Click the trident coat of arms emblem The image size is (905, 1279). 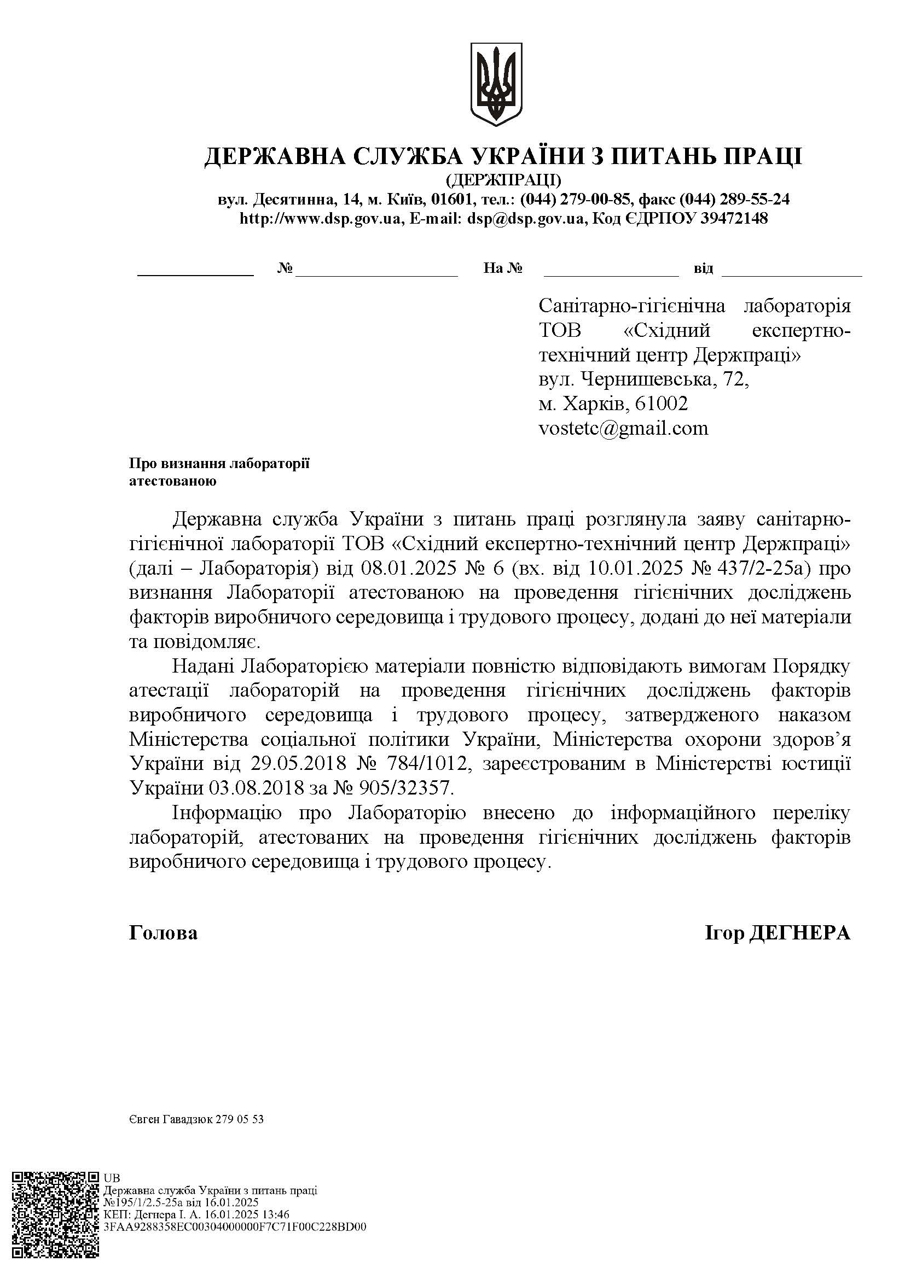pyautogui.click(x=496, y=84)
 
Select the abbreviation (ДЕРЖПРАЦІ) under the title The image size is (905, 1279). pyautogui.click(x=503, y=180)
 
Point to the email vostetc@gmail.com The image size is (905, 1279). pyautogui.click(x=623, y=428)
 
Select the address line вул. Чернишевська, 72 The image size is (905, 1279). pyautogui.click(x=643, y=379)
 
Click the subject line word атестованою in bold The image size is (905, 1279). pyautogui.click(x=172, y=481)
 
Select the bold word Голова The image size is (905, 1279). pyautogui.click(x=163, y=933)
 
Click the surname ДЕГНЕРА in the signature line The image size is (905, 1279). pyautogui.click(x=801, y=933)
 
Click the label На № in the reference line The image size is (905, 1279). pyautogui.click(x=503, y=269)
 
